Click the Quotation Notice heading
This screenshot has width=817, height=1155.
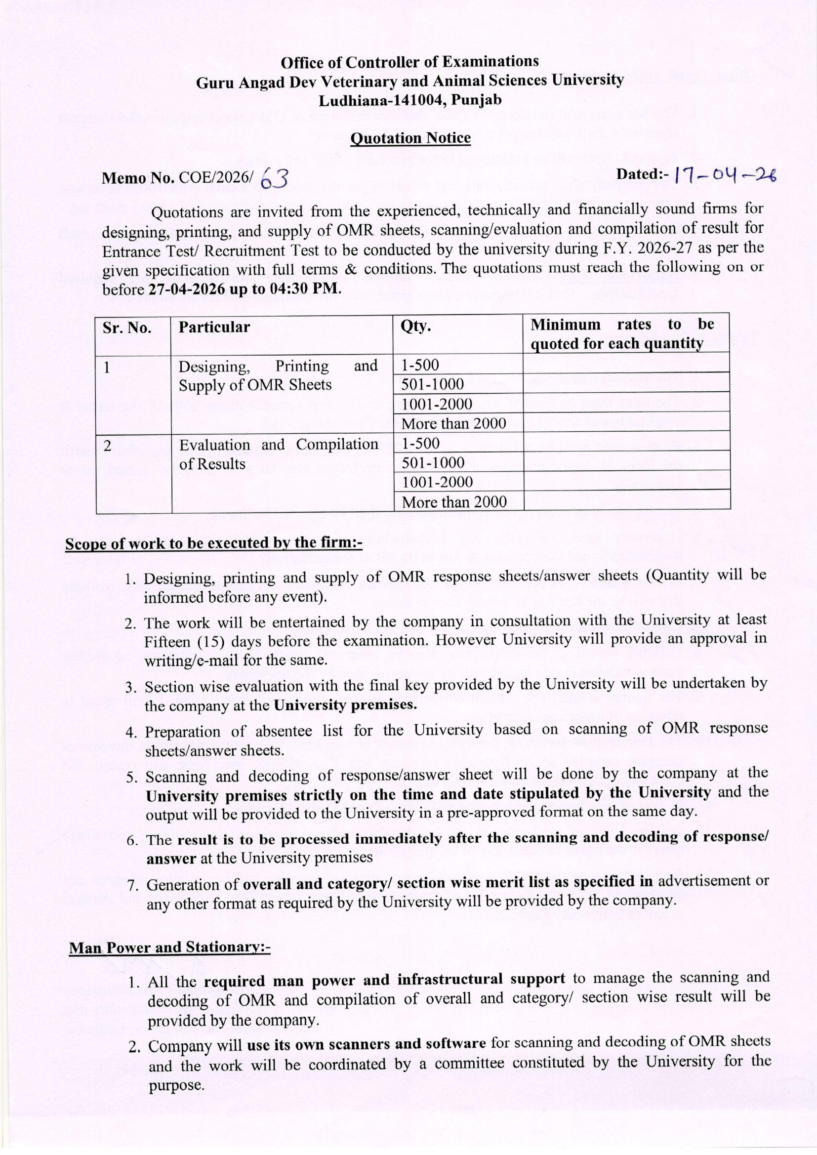point(410,138)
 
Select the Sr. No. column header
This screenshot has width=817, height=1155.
point(127,328)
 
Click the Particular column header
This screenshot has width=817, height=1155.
point(214,327)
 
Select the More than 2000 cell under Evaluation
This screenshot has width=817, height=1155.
point(454,501)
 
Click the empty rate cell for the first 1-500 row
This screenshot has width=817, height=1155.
point(626,363)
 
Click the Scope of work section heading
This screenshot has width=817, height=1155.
point(214,544)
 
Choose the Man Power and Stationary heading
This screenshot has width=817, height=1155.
point(169,948)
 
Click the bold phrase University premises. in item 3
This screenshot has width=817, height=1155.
point(345,704)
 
